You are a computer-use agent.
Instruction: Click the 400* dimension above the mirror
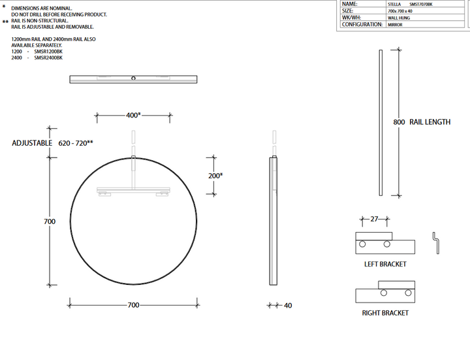[x=133, y=115]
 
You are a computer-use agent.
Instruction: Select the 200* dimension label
[x=215, y=176]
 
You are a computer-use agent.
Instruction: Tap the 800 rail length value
[x=399, y=122]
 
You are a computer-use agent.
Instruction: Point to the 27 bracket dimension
[x=374, y=219]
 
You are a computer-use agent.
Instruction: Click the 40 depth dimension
[x=288, y=305]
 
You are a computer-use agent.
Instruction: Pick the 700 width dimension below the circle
[x=133, y=305]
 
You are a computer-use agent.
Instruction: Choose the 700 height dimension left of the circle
[x=50, y=221]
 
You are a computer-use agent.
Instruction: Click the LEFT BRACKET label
[x=385, y=265]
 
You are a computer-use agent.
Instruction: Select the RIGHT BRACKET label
[x=385, y=313]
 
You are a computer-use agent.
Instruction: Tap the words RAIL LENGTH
[x=430, y=122]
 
